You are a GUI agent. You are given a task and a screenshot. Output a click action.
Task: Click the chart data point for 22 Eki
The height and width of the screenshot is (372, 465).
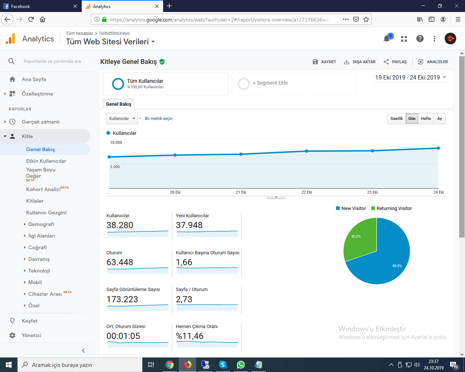pos(306,151)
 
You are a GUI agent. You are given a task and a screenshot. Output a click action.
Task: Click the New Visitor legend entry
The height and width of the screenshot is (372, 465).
pos(351,209)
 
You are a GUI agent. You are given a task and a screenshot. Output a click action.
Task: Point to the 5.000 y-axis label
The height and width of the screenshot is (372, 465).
pos(115,167)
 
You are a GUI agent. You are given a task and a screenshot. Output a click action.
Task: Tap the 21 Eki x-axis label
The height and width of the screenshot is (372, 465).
pos(241,192)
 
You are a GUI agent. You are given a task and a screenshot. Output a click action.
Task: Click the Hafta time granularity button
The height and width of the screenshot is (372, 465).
pos(426,118)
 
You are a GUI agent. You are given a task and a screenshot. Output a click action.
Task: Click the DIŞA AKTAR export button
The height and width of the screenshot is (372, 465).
pos(360,62)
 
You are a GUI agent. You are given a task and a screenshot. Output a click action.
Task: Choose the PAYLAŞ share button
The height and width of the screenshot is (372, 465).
pos(395,62)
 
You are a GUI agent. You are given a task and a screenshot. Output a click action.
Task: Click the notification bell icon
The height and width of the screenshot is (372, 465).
pos(387,39)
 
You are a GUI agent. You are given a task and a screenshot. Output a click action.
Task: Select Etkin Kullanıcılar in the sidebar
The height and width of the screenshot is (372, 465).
pos(46,161)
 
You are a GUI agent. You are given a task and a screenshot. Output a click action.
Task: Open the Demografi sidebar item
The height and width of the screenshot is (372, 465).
pos(41,224)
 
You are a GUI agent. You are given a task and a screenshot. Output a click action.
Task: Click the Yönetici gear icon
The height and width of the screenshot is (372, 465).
pos(12,335)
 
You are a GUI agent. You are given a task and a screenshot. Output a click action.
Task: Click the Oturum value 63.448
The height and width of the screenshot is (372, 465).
pos(120,262)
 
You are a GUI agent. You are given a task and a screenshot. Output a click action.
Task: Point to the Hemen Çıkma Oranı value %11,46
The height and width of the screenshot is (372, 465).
pos(190,336)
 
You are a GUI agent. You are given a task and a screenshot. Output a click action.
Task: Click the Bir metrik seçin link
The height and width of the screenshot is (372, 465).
pos(159,118)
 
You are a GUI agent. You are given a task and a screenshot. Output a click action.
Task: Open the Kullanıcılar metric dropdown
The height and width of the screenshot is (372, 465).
pos(122,118)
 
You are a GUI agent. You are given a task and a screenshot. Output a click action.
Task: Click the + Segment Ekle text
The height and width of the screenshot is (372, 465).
pos(270,83)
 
